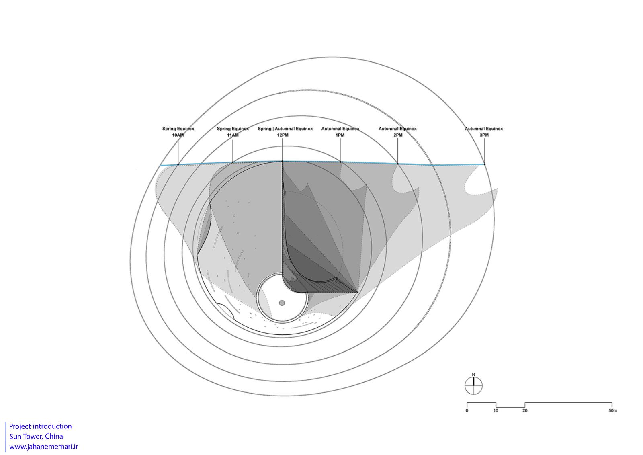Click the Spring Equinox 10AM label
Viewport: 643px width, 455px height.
[178, 132]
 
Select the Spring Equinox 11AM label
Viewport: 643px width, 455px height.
[233, 132]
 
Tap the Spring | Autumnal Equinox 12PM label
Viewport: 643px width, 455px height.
[285, 132]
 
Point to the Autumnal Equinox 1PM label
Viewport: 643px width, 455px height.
[340, 132]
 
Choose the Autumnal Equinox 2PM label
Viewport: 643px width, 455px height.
[397, 132]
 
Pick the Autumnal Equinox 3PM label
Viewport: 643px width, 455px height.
[484, 132]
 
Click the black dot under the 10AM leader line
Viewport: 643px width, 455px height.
[178, 164]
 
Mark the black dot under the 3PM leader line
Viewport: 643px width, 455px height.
[485, 164]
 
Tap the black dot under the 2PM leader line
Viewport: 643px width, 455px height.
[397, 164]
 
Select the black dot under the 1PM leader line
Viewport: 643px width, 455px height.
[340, 162]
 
